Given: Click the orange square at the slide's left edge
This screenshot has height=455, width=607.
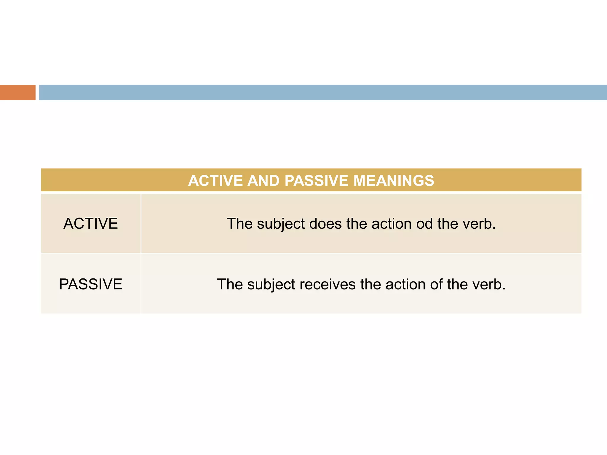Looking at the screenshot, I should [17, 92].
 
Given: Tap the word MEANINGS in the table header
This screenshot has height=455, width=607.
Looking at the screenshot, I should [394, 181].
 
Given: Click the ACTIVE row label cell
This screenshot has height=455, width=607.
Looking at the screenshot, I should [91, 224].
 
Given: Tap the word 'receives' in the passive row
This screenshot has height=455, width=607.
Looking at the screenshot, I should [328, 285].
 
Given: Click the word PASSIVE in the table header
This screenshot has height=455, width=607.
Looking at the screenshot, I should [316, 181].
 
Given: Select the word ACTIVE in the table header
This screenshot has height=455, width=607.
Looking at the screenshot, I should [215, 181].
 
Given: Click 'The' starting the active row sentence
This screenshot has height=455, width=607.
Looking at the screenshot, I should [239, 224].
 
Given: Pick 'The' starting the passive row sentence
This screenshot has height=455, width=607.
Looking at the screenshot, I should [230, 285].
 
